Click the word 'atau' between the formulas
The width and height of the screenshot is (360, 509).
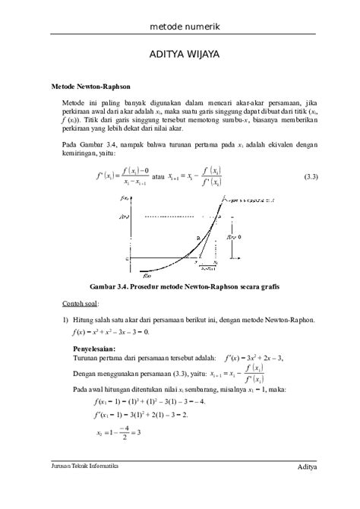158,177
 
